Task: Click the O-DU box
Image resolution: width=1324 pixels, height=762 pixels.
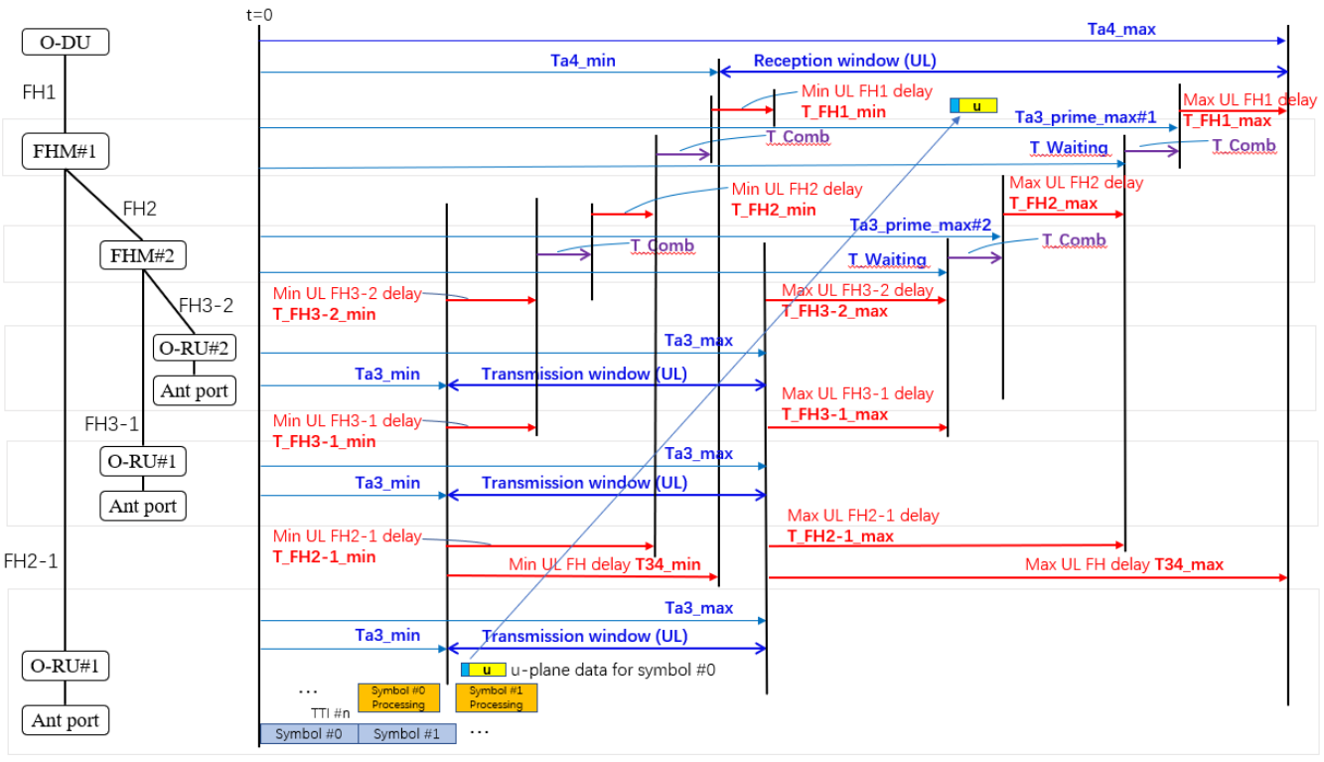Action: (66, 42)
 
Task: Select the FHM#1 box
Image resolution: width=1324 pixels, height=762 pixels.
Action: (66, 153)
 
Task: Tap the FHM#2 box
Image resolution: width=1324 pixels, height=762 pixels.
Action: (143, 255)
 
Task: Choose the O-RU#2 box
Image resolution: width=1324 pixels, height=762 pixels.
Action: (195, 348)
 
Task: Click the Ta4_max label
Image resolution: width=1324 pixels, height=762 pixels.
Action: (1121, 29)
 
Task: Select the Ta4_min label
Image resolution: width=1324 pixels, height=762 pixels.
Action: (583, 61)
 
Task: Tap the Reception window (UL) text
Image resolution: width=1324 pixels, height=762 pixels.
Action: (844, 61)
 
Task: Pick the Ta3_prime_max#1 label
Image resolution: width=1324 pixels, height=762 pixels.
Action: (1086, 117)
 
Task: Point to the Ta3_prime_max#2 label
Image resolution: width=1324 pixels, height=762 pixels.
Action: (921, 226)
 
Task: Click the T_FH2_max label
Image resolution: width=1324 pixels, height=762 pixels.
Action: (1053, 204)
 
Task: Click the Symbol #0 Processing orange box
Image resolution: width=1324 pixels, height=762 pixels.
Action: (398, 697)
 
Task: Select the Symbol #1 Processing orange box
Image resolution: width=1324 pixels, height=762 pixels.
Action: (496, 697)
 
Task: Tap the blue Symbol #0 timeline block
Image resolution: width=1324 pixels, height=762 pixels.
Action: (308, 734)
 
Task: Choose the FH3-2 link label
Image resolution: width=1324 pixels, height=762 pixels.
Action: (206, 305)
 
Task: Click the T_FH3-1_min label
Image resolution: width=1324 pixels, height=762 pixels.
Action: (324, 441)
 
